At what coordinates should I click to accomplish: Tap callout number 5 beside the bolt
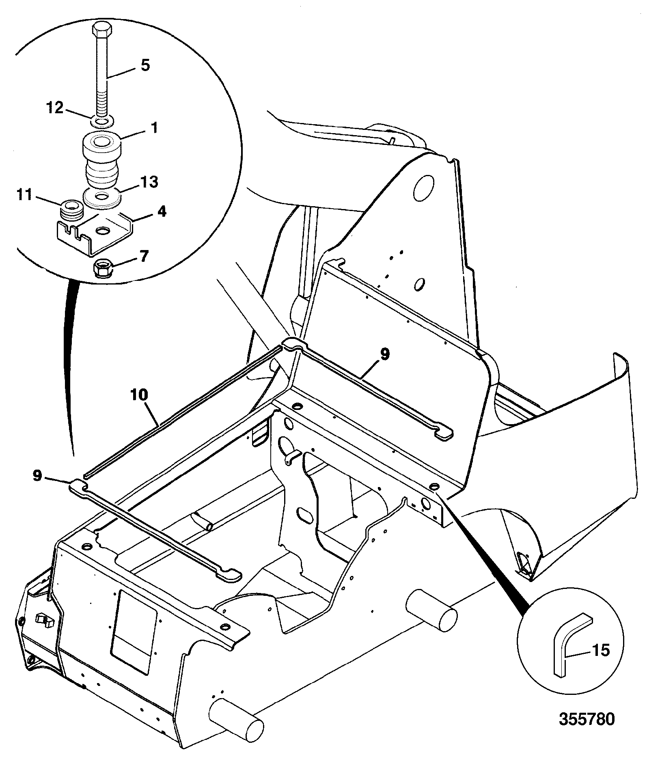[x=145, y=65]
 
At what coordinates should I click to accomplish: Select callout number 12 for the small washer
[x=55, y=108]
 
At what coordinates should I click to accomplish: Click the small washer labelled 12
[x=102, y=121]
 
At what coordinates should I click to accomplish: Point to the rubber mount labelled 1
[x=101, y=162]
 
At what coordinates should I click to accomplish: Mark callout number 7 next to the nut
[x=144, y=257]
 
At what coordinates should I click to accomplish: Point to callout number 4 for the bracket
[x=162, y=211]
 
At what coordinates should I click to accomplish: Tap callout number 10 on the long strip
[x=139, y=395]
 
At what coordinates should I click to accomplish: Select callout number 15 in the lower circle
[x=601, y=650]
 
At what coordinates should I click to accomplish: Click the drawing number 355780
[x=587, y=719]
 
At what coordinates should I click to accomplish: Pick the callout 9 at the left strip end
[x=37, y=476]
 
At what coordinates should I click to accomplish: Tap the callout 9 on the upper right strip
[x=384, y=354]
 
